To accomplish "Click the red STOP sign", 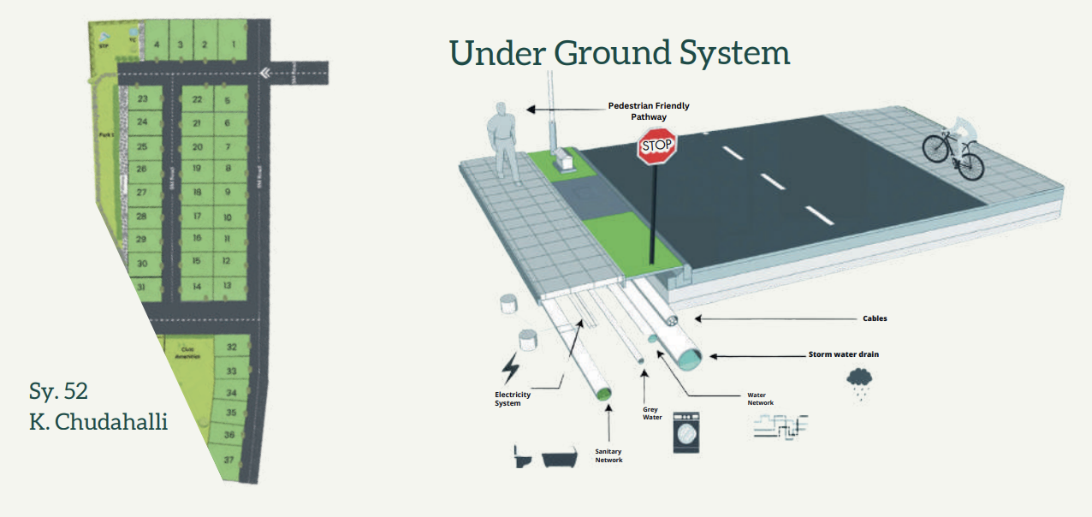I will click(657, 146).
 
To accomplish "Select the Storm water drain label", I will click(844, 354).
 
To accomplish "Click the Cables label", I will click(875, 318).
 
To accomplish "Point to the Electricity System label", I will click(513, 399).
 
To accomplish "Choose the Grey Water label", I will click(650, 413).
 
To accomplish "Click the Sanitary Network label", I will click(608, 455).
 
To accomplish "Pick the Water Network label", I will click(760, 399).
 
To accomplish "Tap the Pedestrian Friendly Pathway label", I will click(648, 110).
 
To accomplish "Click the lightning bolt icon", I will click(510, 368).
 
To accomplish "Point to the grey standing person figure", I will click(502, 143).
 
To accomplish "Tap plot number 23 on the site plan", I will click(143, 99).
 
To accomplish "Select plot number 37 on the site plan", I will click(229, 460).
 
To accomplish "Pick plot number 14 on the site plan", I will click(197, 286).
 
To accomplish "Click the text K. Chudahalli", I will click(98, 421).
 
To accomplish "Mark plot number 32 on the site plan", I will click(231, 348).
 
